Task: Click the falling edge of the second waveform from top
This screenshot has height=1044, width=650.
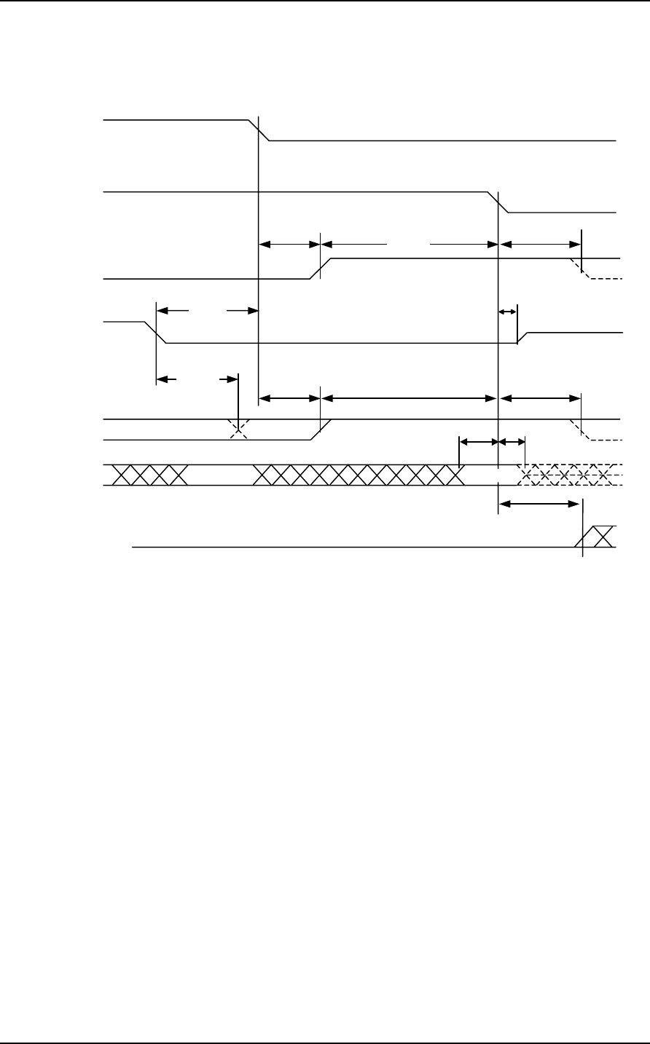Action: pos(498,202)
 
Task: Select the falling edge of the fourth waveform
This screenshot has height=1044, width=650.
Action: pos(161,332)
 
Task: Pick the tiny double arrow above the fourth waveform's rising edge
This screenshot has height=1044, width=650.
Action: pos(506,312)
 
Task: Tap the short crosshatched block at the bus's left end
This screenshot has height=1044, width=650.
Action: pos(146,475)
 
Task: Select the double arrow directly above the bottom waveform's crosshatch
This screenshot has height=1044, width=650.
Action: pos(539,503)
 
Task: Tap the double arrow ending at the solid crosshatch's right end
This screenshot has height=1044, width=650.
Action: pos(478,441)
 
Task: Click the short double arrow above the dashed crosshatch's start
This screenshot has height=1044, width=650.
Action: pos(511,441)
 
